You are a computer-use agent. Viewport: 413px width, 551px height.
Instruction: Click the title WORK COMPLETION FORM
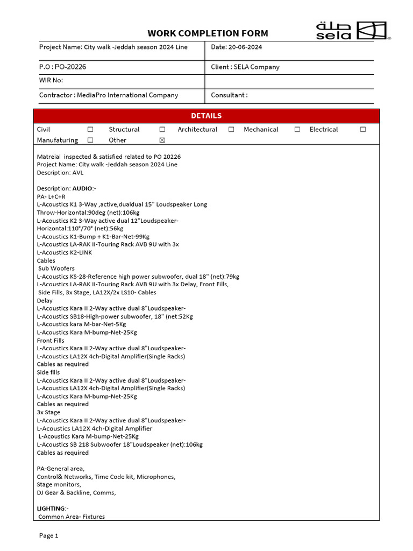[x=208, y=33]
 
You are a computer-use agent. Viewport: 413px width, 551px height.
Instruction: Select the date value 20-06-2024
[x=245, y=47]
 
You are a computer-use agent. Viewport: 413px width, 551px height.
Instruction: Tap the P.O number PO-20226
[x=70, y=67]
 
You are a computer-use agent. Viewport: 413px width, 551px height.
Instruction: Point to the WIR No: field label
[x=51, y=80]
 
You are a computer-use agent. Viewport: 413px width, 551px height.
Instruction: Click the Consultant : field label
[x=229, y=95]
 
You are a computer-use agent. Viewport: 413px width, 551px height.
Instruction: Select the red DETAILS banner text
[x=206, y=116]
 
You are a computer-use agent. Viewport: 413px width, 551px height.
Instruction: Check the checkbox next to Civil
[x=90, y=130]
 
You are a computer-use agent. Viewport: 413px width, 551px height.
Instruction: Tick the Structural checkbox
[x=162, y=130]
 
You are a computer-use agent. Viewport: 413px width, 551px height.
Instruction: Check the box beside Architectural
[x=231, y=130]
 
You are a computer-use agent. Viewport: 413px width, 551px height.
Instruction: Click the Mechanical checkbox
[x=297, y=130]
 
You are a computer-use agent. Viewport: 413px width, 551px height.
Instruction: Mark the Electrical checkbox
[x=363, y=130]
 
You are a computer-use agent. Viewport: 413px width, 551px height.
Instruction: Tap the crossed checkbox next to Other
[x=162, y=140]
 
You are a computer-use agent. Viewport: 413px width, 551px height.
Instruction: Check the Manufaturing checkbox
[x=90, y=140]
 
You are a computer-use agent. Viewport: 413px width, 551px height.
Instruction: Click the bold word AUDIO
[x=82, y=188]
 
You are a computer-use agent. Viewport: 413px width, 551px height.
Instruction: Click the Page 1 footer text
[x=48, y=535]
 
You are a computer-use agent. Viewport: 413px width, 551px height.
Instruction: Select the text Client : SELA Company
[x=245, y=67]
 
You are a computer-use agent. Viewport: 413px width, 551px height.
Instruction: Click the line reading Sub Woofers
[x=56, y=269]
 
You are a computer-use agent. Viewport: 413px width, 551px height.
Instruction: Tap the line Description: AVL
[x=60, y=173]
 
